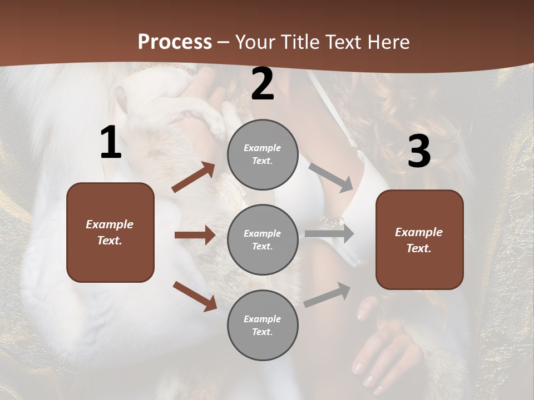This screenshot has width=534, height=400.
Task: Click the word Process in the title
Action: coord(175,42)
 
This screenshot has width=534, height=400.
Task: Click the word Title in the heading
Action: coord(301,42)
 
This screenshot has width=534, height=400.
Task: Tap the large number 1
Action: coord(111,143)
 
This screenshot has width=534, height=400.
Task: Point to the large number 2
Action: coord(263,84)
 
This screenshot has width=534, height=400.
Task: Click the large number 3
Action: coord(419,151)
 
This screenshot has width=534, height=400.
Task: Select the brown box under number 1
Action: coord(110,232)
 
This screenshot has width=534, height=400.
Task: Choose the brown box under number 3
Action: coord(419,240)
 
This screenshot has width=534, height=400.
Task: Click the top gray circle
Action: coord(263,154)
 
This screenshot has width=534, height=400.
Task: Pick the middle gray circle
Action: coord(263,240)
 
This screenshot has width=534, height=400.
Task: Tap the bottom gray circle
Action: coord(263,326)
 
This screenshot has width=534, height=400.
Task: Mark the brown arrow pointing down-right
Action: coord(195,296)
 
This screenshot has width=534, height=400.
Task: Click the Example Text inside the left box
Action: coord(110,232)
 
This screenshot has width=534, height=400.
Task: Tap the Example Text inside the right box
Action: coord(419,240)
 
